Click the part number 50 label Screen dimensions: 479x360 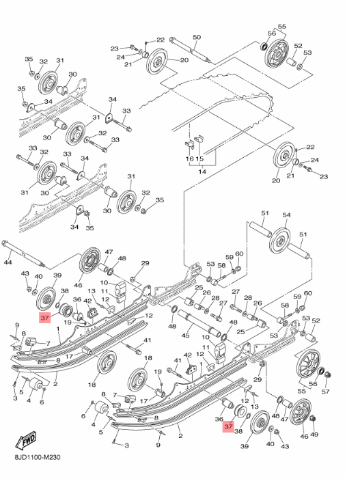click(196, 37)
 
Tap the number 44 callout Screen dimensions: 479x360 click(8, 262)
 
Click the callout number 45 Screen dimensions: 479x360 click(185, 335)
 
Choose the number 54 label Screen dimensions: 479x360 click(286, 215)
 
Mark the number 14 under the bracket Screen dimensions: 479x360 click(202, 173)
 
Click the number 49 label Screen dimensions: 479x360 click(314, 434)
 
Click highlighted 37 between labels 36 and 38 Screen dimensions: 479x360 click(228, 426)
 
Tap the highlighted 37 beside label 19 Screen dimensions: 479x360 click(44, 318)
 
